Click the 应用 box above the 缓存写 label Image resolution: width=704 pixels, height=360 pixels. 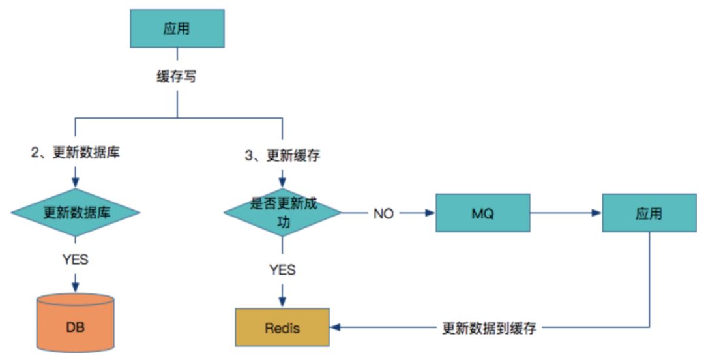coord(177,28)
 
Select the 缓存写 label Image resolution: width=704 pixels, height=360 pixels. coord(177,77)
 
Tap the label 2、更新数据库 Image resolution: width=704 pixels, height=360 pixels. coord(76,153)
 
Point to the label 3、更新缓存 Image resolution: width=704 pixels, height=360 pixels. coord(282,155)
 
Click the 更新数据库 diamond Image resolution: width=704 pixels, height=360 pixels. coord(76,212)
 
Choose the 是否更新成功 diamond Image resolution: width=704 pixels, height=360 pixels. coord(282,213)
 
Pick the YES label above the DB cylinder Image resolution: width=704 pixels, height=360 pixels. coord(76,260)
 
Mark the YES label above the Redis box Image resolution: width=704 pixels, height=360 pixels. coord(282,269)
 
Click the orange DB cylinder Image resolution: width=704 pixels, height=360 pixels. coord(76,323)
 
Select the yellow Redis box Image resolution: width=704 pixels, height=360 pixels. coord(282,327)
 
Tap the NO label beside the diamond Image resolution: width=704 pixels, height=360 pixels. coord(383,213)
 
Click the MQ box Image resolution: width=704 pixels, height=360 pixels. coord(482,213)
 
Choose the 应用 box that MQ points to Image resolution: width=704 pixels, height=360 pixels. coord(649,213)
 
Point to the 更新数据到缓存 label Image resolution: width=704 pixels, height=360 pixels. coord(489,327)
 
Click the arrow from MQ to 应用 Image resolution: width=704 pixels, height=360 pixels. coord(566,213)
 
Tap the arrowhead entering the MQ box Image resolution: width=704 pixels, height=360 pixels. coord(430,213)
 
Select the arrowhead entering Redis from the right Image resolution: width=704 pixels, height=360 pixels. coord(335,327)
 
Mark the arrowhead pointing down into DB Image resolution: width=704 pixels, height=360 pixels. coord(76,287)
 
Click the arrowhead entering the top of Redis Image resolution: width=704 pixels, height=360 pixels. coord(282,303)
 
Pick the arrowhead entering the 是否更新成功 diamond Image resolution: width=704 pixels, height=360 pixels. coord(282,183)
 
